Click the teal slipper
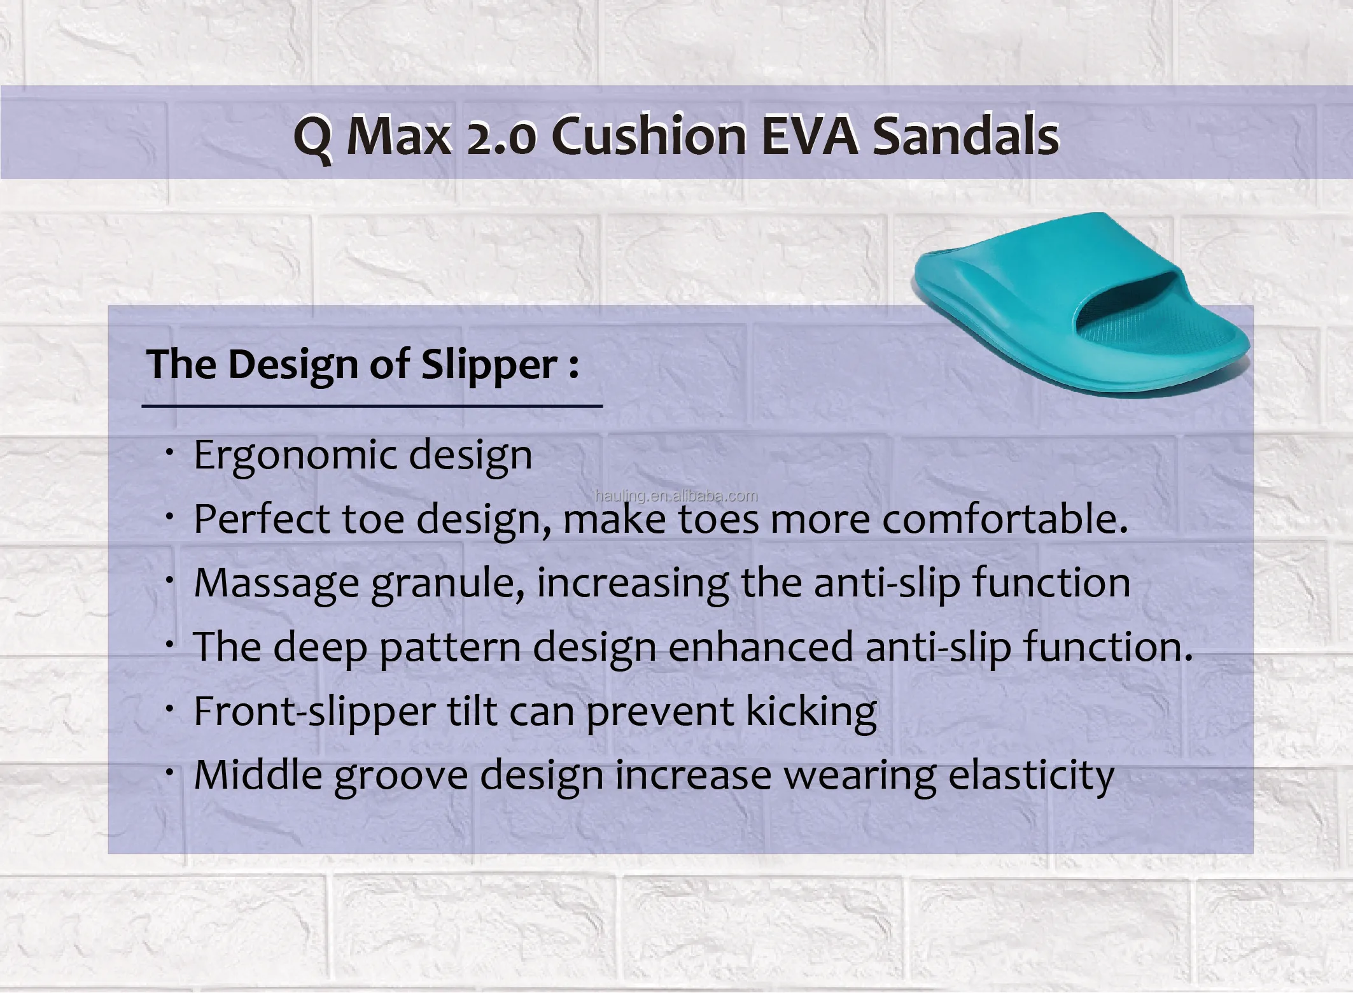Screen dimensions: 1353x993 [1082, 306]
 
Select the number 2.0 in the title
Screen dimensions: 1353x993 [502, 138]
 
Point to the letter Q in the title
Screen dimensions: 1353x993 [313, 138]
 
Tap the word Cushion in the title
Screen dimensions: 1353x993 [649, 135]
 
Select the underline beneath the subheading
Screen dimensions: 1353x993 [372, 405]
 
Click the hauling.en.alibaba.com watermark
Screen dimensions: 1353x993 [676, 496]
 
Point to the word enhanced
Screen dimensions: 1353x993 [761, 647]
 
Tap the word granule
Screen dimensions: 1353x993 [448, 584]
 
